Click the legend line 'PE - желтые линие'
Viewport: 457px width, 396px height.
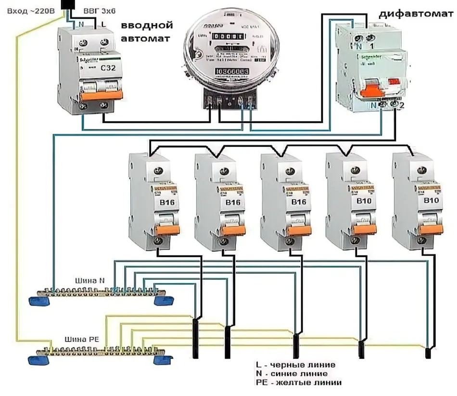coord(299,383)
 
